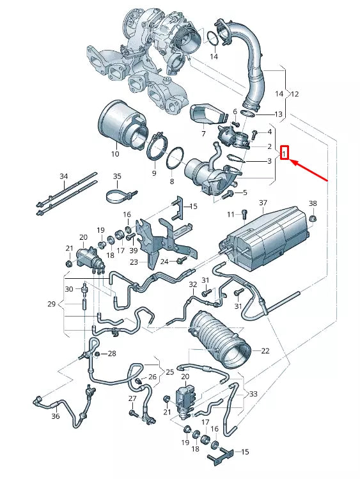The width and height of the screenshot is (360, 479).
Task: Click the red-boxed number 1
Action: coord(285,153)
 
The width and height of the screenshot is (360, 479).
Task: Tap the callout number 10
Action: coord(115,154)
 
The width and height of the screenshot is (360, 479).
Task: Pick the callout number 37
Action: coord(262,203)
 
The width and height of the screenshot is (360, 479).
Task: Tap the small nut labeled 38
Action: coord(313,219)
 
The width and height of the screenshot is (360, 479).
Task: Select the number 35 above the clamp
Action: coord(116,176)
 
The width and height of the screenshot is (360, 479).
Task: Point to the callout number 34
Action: coord(63,176)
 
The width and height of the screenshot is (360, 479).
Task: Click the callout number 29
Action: coord(52,304)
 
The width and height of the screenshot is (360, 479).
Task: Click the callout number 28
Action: coord(112,354)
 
